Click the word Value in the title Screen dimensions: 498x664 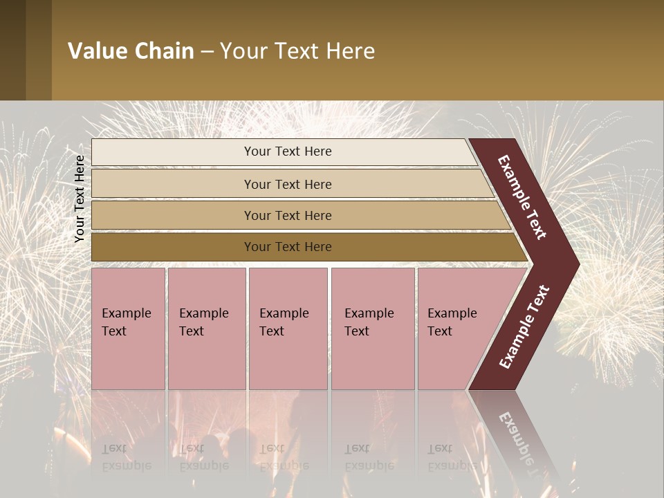(97, 51)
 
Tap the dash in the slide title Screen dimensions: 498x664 (207, 52)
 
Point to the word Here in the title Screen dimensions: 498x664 (350, 51)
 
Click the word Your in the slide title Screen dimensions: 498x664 (242, 51)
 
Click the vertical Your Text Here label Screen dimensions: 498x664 (80, 199)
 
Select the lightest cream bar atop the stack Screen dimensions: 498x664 (284, 151)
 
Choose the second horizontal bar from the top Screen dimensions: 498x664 (290, 184)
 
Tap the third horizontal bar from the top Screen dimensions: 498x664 (297, 215)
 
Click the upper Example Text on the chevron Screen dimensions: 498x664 (522, 197)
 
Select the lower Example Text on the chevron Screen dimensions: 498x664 (524, 326)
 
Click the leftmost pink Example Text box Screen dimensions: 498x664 (128, 329)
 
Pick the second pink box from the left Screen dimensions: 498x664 (207, 329)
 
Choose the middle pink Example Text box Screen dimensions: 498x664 (288, 329)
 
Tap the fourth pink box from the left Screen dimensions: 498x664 (373, 329)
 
